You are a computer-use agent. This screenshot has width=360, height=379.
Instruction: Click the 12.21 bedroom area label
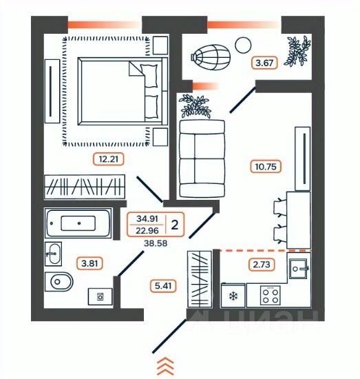pyautogui.click(x=108, y=159)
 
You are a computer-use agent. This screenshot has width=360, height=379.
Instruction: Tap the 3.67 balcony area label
pyautogui.click(x=264, y=63)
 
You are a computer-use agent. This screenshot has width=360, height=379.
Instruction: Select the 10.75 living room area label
pyautogui.click(x=266, y=167)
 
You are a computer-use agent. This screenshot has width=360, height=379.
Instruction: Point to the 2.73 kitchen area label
pyautogui.click(x=262, y=265)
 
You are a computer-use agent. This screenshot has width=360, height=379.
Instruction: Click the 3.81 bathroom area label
pyautogui.click(x=89, y=263)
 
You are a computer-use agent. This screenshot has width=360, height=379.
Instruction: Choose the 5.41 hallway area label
pyautogui.click(x=163, y=286)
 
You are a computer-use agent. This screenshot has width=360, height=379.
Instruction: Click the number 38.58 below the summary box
pyautogui.click(x=156, y=243)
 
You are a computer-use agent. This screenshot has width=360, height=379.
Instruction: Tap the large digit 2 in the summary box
pyautogui.click(x=175, y=225)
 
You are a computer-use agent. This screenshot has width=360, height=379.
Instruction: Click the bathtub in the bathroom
pyautogui.click(x=78, y=223)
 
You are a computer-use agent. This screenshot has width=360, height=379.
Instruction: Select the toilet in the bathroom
pyautogui.click(x=59, y=282)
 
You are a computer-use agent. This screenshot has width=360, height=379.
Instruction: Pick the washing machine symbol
pyautogui.click(x=100, y=296)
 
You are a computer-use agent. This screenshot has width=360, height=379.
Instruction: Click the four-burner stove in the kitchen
pyautogui.click(x=271, y=296)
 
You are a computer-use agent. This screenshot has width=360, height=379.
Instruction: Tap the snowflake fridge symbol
pyautogui.click(x=233, y=296)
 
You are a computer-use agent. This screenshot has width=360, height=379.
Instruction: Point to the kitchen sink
pyautogui.click(x=299, y=269)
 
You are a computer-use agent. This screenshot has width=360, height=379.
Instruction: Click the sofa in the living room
pyautogui.click(x=202, y=158)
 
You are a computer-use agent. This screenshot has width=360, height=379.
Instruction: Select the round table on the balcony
pyautogui.click(x=243, y=45)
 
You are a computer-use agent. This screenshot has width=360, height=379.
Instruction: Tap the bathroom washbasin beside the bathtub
pyautogui.click(x=54, y=254)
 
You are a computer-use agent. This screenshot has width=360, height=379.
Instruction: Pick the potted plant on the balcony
pyautogui.click(x=297, y=51)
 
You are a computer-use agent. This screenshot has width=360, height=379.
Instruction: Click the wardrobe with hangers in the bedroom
pyautogui.click(x=85, y=187)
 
